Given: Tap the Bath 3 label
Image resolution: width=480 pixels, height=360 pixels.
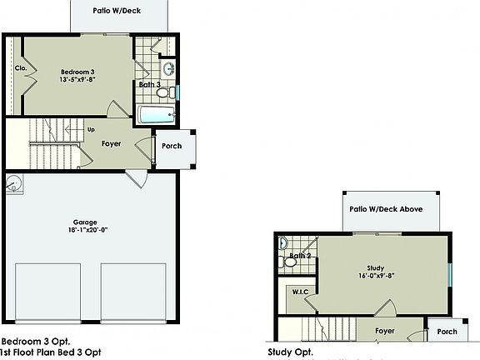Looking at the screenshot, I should coord(149,84).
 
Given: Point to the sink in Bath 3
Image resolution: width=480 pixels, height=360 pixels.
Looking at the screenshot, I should coord(168,68).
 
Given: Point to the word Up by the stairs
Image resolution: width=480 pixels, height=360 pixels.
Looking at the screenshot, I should coord(91,129).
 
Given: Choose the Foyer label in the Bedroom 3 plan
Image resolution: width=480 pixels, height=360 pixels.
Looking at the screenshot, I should coord(112,144).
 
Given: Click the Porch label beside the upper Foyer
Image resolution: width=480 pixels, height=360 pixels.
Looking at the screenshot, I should coord(172,146).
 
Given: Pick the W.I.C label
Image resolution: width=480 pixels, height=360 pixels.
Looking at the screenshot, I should coord(301,292).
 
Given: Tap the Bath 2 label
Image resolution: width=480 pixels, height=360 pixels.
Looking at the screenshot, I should coord(301,255).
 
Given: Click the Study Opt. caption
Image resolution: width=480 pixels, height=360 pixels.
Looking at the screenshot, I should coord(290,352).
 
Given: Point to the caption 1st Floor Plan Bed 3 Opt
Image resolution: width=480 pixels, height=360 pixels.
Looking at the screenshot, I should coord(51,352).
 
